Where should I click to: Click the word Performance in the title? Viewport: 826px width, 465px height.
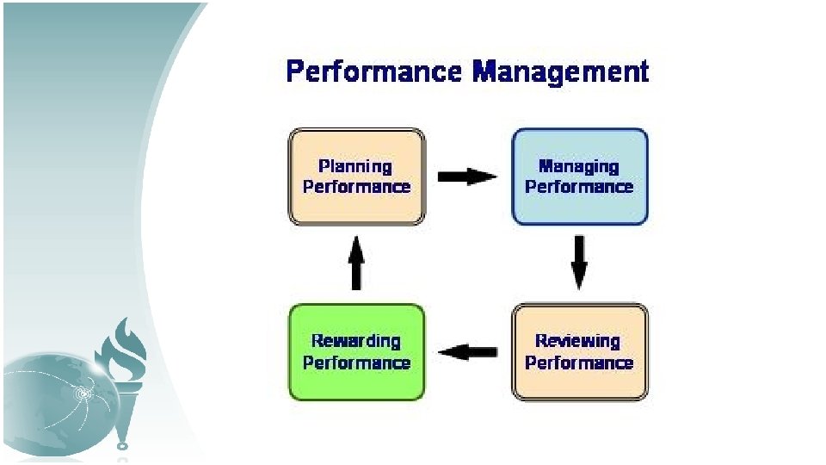coord(374,71)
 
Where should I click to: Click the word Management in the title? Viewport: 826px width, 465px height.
coord(560,71)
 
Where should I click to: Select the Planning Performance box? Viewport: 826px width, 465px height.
coord(356,177)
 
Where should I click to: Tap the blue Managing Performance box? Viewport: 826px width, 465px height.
coord(579,177)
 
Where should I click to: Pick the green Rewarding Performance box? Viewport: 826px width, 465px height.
coord(356,351)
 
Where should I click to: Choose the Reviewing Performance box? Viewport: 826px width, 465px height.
coord(579,351)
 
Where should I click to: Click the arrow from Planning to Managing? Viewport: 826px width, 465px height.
coord(467,177)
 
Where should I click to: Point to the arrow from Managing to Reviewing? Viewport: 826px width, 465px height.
coord(579,263)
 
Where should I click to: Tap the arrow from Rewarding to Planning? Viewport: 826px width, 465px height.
coord(356,263)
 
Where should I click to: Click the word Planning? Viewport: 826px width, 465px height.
coord(355,166)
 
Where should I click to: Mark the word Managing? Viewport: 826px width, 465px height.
coord(579,166)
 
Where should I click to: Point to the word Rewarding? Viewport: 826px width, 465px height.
coord(356,341)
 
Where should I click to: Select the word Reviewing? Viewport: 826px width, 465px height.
coord(578,341)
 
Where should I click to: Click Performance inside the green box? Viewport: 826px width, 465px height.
coord(356,363)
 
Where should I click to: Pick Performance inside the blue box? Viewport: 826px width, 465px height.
coord(579,187)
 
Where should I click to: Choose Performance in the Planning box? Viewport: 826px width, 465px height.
coord(356,187)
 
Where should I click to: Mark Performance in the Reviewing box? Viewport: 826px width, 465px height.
coord(579,363)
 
